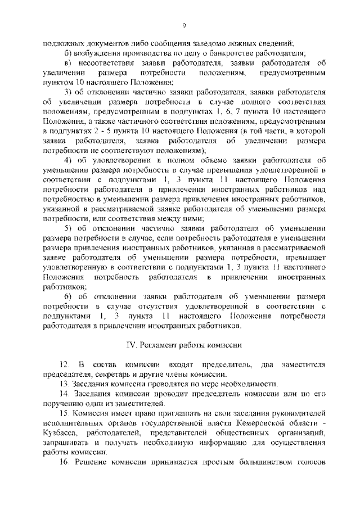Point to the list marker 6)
pos(68,296)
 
